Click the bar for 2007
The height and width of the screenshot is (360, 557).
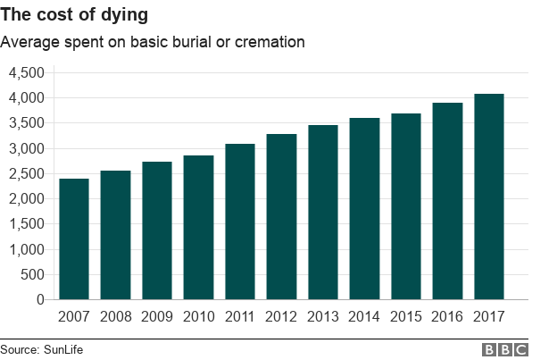tap(74, 239)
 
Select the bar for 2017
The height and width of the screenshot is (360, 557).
tap(489, 197)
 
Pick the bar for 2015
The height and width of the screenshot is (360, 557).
tap(406, 206)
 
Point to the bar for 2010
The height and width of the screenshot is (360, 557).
tap(198, 228)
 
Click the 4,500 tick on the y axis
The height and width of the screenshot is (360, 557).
tap(26, 72)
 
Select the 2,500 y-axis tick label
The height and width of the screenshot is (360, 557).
tap(26, 173)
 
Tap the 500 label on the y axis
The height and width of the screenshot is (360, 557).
tap(33, 274)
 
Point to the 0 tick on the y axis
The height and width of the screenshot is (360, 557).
tap(41, 300)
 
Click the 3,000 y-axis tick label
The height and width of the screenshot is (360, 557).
tap(26, 148)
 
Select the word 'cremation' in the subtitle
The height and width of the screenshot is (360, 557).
tap(273, 41)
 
